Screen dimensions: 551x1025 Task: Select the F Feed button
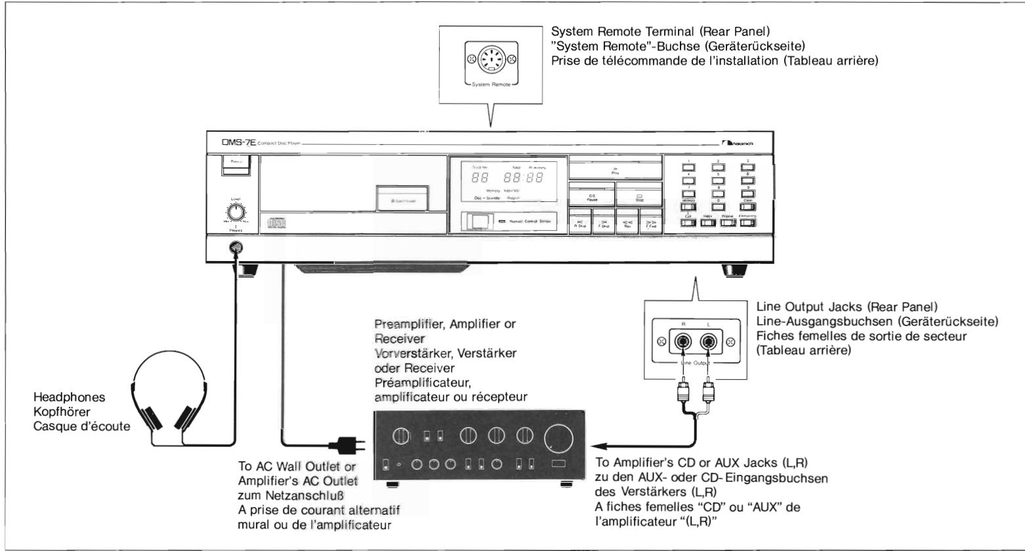point(650,223)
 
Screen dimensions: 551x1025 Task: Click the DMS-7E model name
point(223,143)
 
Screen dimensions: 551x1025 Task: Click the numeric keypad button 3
point(747,166)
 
